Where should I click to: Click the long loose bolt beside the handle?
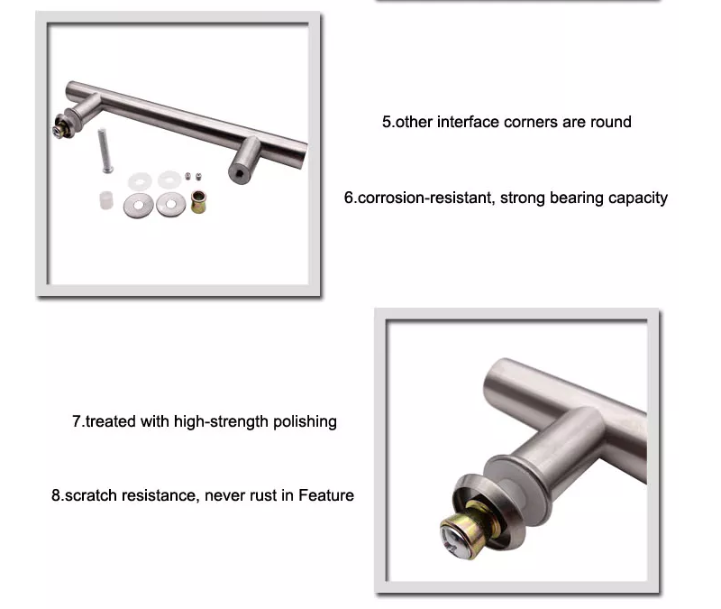[105, 151]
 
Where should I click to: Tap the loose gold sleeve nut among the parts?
[198, 201]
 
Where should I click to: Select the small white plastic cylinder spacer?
[106, 199]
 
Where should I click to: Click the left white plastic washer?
[140, 181]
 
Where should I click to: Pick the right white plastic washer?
[169, 179]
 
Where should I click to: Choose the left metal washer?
[139, 206]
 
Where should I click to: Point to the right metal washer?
[171, 204]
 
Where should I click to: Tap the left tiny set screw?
[187, 176]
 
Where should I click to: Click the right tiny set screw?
[198, 176]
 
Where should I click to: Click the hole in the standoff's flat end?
[239, 174]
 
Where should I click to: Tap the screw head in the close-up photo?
[452, 540]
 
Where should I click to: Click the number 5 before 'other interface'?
[387, 122]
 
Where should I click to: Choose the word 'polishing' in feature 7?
[305, 422]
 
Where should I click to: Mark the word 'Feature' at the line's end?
[326, 495]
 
